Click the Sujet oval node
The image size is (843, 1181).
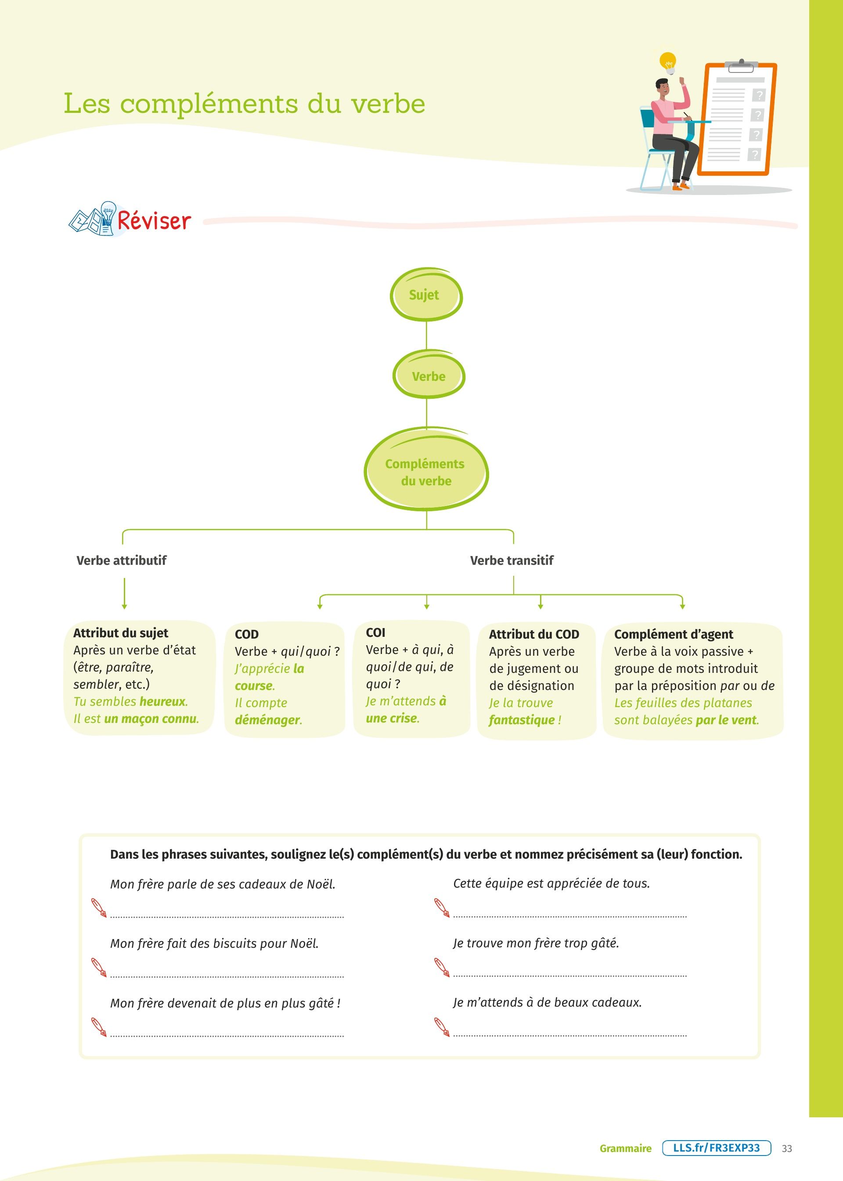coord(425,295)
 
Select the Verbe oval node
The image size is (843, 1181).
coord(428,376)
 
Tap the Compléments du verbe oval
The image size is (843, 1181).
coord(425,471)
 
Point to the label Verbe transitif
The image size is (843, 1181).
coord(512,560)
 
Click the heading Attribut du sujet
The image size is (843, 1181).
coord(120,633)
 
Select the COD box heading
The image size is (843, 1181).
coord(247,634)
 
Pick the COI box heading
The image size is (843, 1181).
coord(375,632)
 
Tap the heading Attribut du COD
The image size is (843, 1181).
coord(533,634)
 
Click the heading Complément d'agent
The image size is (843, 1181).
coord(673,634)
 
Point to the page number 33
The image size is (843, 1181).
coord(786,1148)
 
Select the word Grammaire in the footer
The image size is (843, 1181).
coord(625,1148)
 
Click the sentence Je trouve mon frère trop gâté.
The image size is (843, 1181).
coord(536,943)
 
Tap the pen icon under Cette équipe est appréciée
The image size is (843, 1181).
coord(442,907)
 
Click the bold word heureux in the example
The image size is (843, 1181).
coord(162,701)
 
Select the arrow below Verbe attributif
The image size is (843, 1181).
coord(124,593)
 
